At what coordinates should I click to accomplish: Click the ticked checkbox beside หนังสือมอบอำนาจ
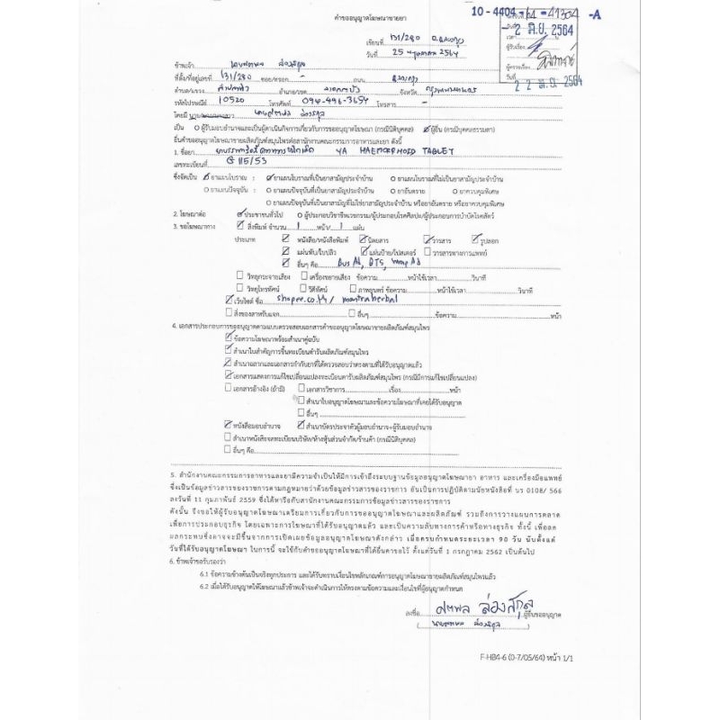tap(229, 422)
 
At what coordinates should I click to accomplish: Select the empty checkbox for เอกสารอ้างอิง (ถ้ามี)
tap(229, 388)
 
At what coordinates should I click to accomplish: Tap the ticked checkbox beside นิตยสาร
tap(363, 240)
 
